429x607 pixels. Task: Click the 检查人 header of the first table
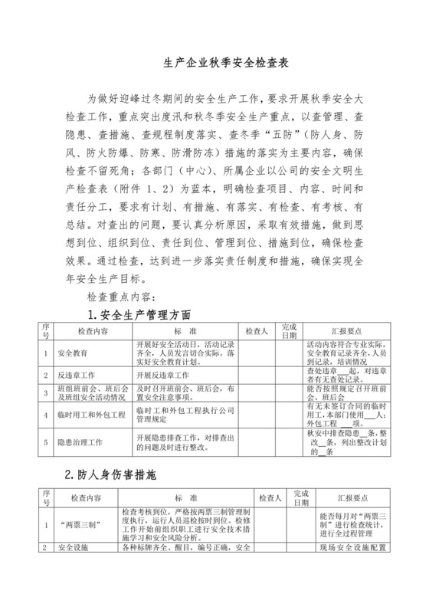256,332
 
